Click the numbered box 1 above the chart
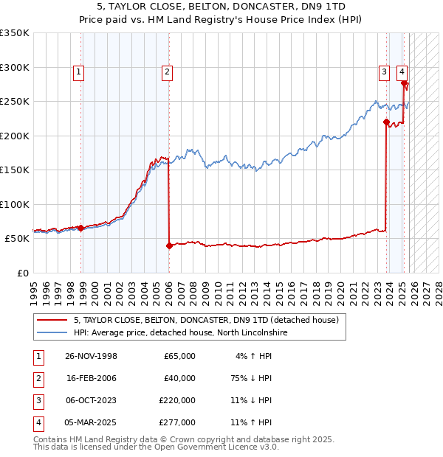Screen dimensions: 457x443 (78, 71)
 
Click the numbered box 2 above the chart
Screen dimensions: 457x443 (168, 71)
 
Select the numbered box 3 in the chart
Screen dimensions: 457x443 (385, 71)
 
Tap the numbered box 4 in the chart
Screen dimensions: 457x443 (402, 71)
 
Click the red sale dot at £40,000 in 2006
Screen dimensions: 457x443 (169, 245)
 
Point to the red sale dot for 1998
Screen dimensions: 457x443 (80, 228)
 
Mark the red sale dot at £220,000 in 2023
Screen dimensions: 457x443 (386, 122)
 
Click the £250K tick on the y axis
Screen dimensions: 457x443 (15, 102)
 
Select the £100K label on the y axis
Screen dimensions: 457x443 (15, 204)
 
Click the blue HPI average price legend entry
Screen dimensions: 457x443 (180, 333)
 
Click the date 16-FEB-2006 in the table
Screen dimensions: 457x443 (91, 378)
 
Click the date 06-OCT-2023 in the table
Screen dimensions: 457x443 (91, 400)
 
